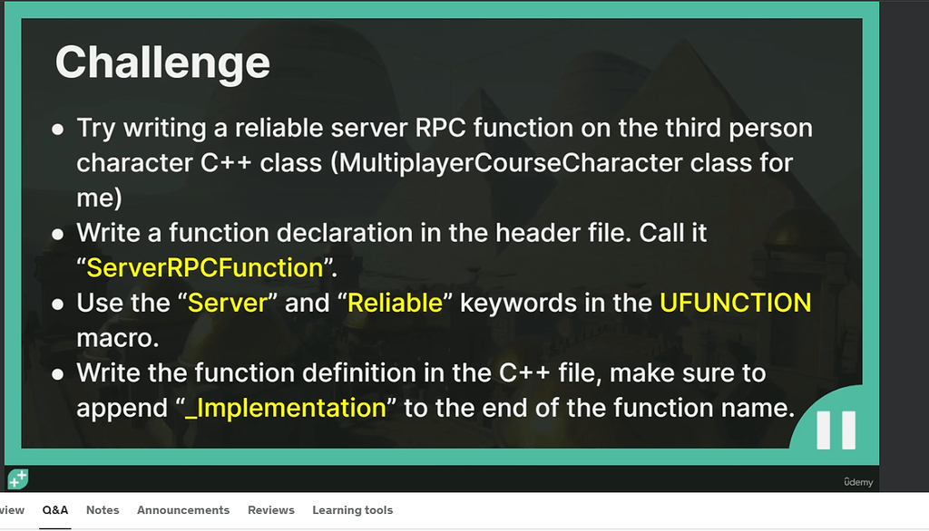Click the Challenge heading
(162, 63)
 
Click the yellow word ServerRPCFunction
(205, 267)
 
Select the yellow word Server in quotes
(228, 303)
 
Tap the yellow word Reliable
(396, 303)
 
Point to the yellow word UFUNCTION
(735, 303)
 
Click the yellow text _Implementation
(286, 408)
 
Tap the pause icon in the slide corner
(836, 430)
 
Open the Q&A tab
(55, 510)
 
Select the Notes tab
(103, 510)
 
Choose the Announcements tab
(183, 510)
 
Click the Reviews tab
(270, 510)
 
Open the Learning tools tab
(353, 510)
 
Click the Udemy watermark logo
(858, 482)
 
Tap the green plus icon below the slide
(18, 479)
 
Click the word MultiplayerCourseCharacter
(510, 163)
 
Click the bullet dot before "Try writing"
(57, 130)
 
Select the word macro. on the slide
(118, 339)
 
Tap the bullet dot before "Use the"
(57, 304)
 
